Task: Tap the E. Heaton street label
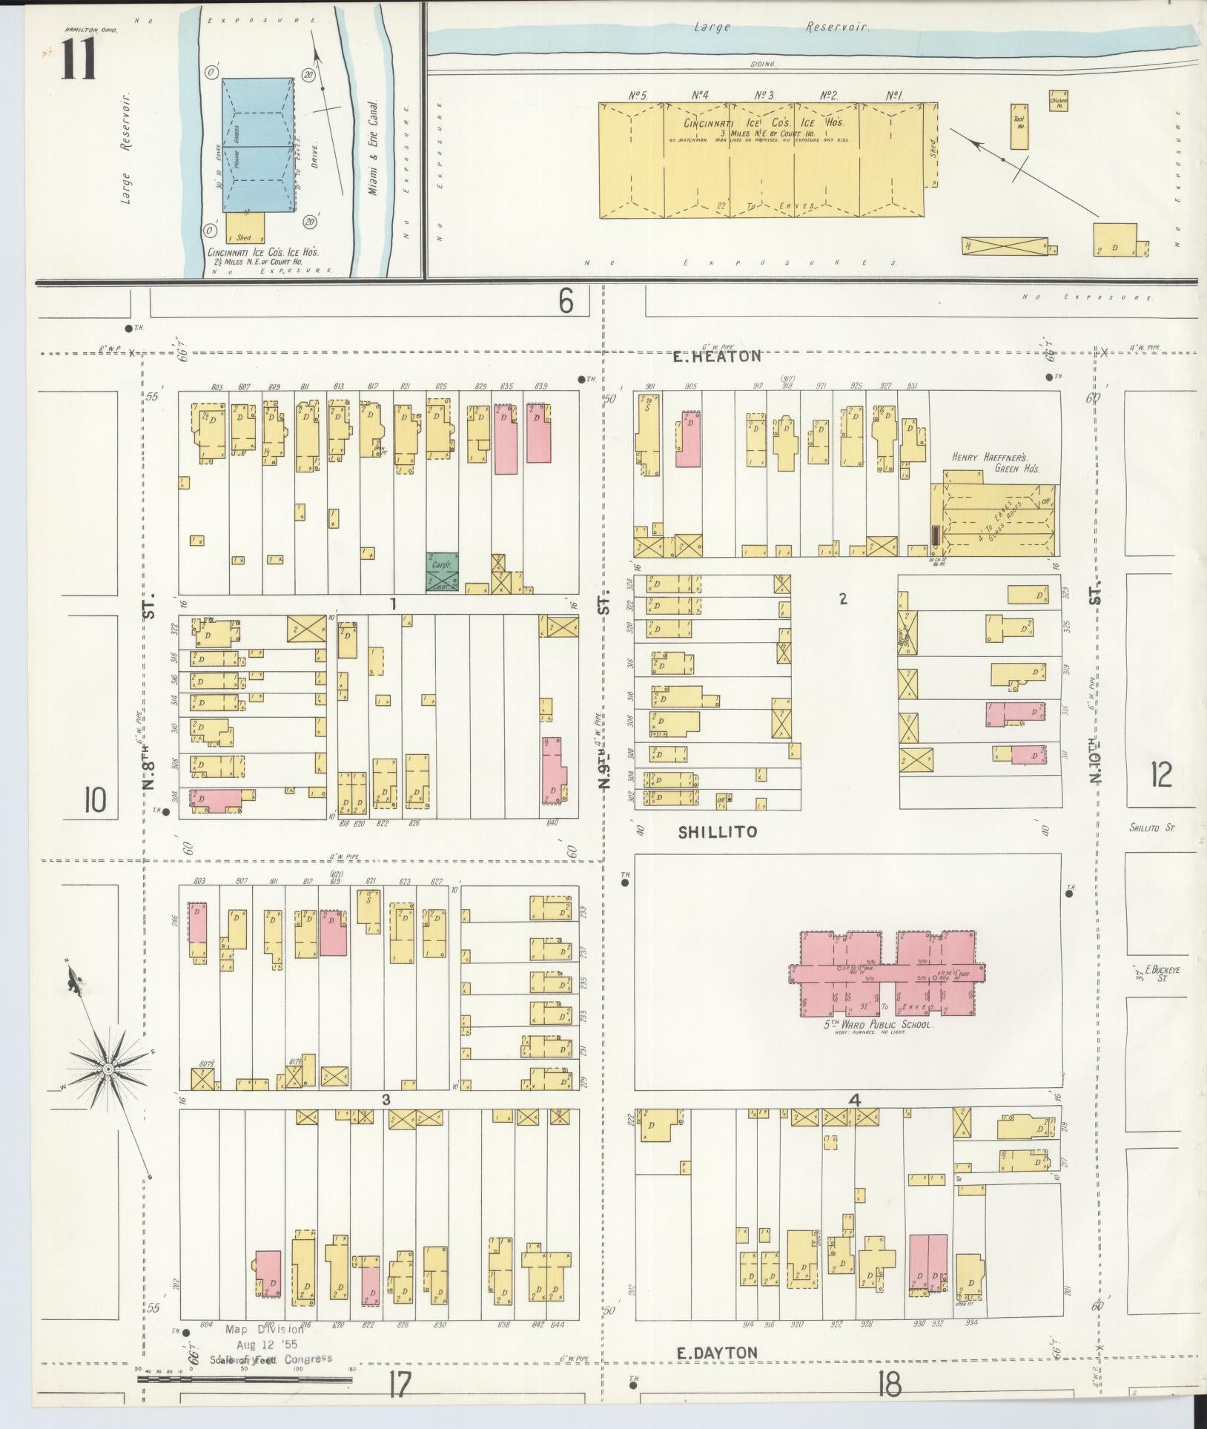pyautogui.click(x=717, y=356)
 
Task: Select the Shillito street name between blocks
pyautogui.click(x=718, y=832)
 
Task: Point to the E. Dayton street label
pyautogui.click(x=717, y=1353)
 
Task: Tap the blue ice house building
pyautogui.click(x=257, y=145)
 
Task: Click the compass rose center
pyautogui.click(x=108, y=1068)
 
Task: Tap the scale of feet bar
pyautogui.click(x=245, y=1380)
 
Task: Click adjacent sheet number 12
pyautogui.click(x=1160, y=775)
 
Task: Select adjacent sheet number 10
pyautogui.click(x=95, y=800)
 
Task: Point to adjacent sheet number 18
pyautogui.click(x=889, y=1384)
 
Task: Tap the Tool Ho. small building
pyautogui.click(x=1019, y=127)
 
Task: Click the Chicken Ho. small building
pyautogui.click(x=1058, y=100)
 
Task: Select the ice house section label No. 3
pyautogui.click(x=764, y=95)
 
